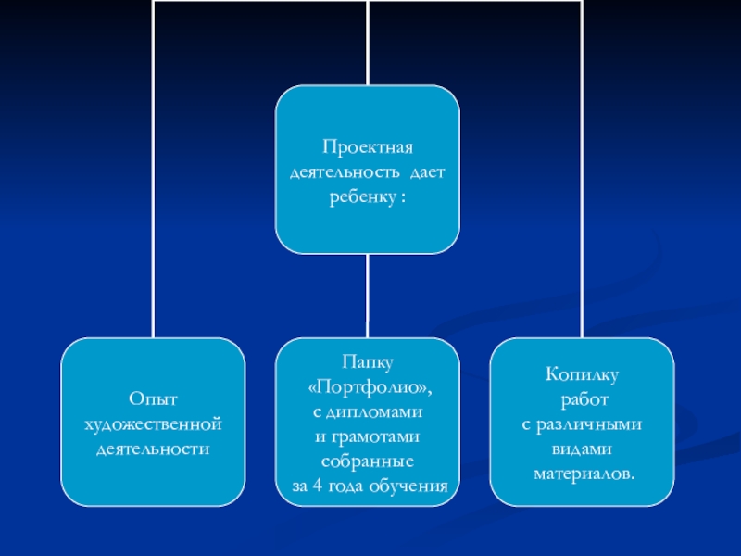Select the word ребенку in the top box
[360, 197]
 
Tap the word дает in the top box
[427, 172]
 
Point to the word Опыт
[153, 399]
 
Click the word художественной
[153, 424]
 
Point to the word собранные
[368, 461]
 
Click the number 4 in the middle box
[316, 486]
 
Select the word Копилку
[582, 374]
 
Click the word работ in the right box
[582, 399]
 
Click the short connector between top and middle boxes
[368, 296]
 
